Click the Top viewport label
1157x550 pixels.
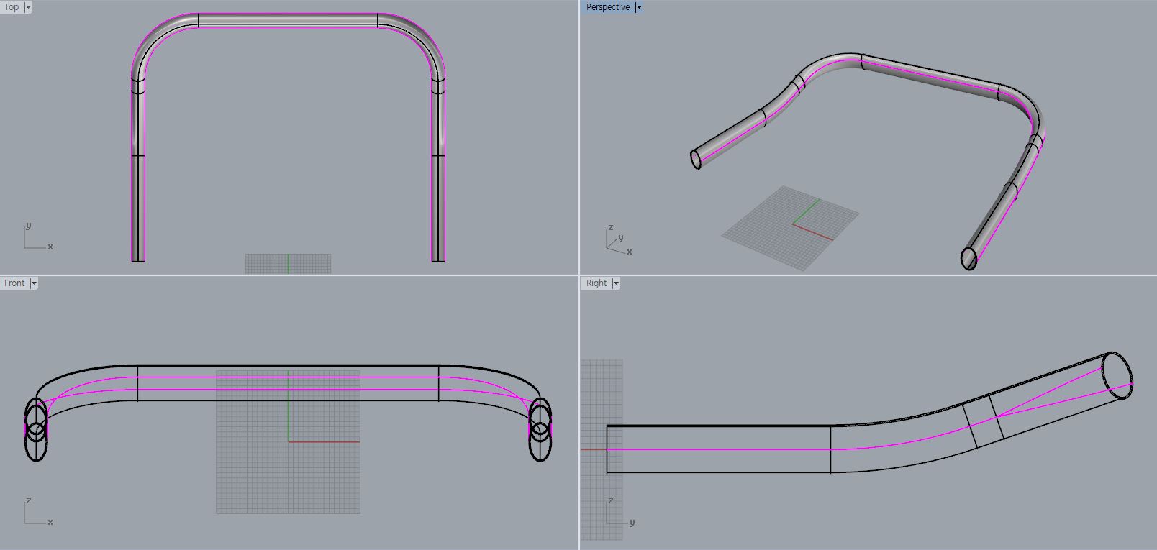[x=12, y=6]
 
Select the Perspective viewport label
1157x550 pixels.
[x=607, y=6]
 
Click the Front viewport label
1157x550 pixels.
[x=14, y=283]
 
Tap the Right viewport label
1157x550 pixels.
[x=596, y=283]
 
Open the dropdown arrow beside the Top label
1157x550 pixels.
[x=28, y=7]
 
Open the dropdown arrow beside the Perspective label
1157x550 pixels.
[x=639, y=7]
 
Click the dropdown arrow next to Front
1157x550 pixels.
[x=34, y=283]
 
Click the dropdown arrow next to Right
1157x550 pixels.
[x=616, y=283]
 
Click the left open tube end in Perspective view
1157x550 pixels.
[x=696, y=160]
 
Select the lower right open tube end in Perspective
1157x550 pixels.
[x=968, y=259]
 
